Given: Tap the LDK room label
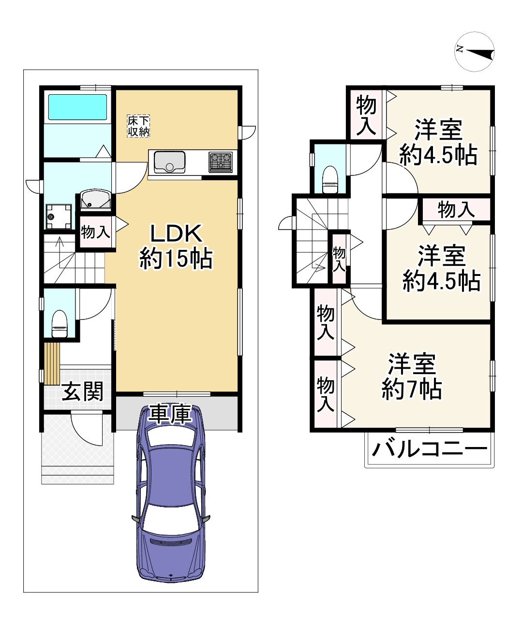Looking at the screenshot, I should click(x=176, y=246).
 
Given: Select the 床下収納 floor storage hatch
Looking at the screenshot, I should click(x=138, y=126).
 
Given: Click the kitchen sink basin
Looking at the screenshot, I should click(x=169, y=162).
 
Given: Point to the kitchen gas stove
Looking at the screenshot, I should click(x=221, y=161).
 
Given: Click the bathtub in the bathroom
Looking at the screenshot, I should click(x=77, y=107).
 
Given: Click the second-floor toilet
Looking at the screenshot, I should click(x=330, y=178).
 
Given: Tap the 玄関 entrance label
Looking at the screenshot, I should click(x=82, y=391).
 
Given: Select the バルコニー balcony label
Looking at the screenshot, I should click(x=429, y=450).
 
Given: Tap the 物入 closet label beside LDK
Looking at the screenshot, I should click(x=95, y=232).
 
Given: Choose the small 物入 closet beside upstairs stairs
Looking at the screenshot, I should click(x=339, y=258).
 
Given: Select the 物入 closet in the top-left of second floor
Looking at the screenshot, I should click(x=366, y=115).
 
